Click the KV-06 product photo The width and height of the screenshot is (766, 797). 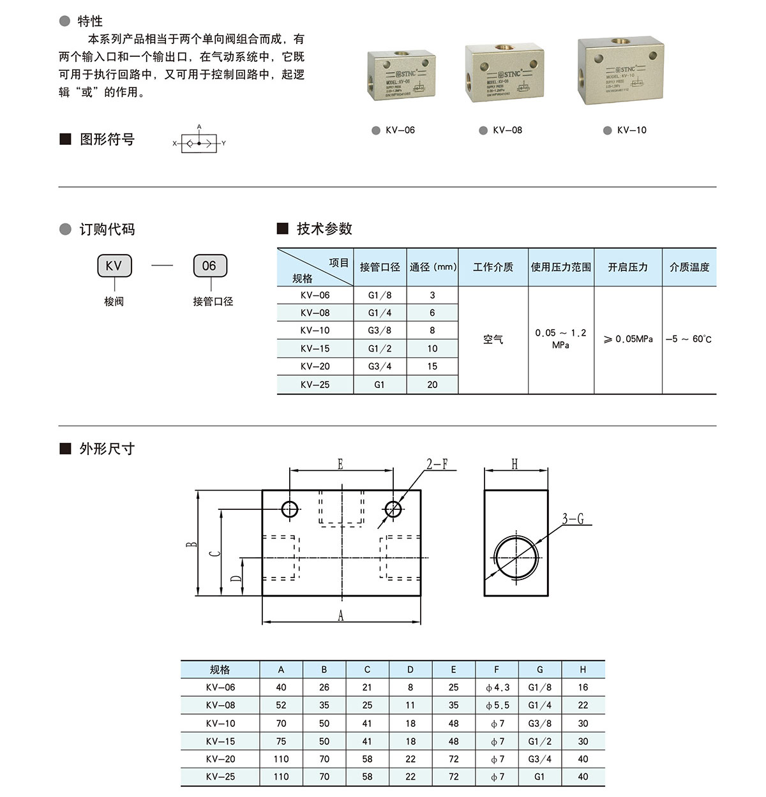coord(401,75)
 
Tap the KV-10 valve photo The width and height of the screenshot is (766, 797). coord(620,71)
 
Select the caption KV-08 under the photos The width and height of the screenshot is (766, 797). coord(507,130)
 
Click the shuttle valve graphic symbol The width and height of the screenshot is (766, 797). coord(199,144)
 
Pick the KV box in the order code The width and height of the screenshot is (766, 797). coord(114,266)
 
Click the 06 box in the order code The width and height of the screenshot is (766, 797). coord(209,266)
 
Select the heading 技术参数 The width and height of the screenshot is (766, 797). coord(324,229)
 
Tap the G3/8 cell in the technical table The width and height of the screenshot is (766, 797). coord(379,331)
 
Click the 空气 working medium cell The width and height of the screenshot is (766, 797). coord(493,339)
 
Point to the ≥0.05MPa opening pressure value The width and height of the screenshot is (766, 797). coord(628,339)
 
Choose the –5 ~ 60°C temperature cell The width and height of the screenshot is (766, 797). coord(689,339)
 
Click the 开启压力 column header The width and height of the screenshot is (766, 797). coord(627,267)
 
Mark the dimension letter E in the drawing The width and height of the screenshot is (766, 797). coord(340,465)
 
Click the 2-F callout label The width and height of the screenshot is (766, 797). coord(437,465)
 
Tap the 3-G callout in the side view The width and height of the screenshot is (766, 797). coord(573,519)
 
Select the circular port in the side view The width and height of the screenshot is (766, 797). coord(516,558)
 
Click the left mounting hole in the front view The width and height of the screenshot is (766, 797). coord(290,509)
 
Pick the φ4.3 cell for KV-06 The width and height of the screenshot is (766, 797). coord(497,688)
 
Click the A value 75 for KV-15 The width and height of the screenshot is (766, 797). coord(281,741)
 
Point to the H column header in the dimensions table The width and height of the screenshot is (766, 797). coord(583,670)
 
